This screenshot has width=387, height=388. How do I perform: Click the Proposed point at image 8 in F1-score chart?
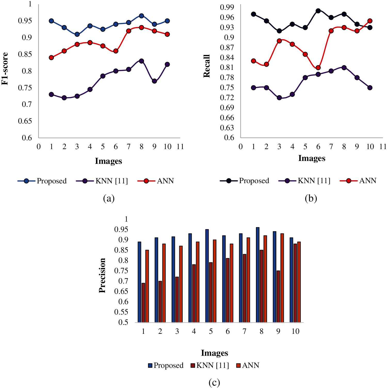click(x=141, y=16)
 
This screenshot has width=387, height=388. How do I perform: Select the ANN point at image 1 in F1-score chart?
click(x=51, y=58)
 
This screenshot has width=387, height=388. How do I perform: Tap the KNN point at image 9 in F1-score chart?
click(x=154, y=81)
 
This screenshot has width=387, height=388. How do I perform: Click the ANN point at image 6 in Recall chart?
click(x=318, y=68)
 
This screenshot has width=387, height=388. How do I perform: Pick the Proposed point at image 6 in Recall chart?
click(x=318, y=11)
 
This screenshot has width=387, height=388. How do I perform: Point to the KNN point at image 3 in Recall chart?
click(x=279, y=98)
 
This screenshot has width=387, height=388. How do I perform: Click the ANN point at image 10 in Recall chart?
click(x=370, y=21)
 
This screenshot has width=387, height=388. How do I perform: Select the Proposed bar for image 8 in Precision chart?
click(x=257, y=275)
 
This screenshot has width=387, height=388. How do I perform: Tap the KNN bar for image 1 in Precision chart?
click(x=143, y=303)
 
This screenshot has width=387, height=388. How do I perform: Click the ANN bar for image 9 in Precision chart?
click(x=282, y=278)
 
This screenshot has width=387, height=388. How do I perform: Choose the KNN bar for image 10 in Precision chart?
click(x=295, y=283)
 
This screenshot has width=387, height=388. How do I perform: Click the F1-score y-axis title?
click(x=5, y=69)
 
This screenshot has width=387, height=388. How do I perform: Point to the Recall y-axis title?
click(x=207, y=66)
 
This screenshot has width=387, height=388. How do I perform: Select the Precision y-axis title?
click(x=102, y=275)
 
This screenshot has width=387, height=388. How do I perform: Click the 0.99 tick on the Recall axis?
click(x=227, y=7)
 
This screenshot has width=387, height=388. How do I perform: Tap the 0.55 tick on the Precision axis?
click(x=121, y=312)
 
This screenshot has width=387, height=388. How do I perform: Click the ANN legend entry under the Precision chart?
click(x=248, y=365)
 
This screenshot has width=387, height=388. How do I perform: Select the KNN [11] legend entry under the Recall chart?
click(x=305, y=181)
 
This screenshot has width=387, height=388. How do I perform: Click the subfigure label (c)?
click(x=214, y=382)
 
